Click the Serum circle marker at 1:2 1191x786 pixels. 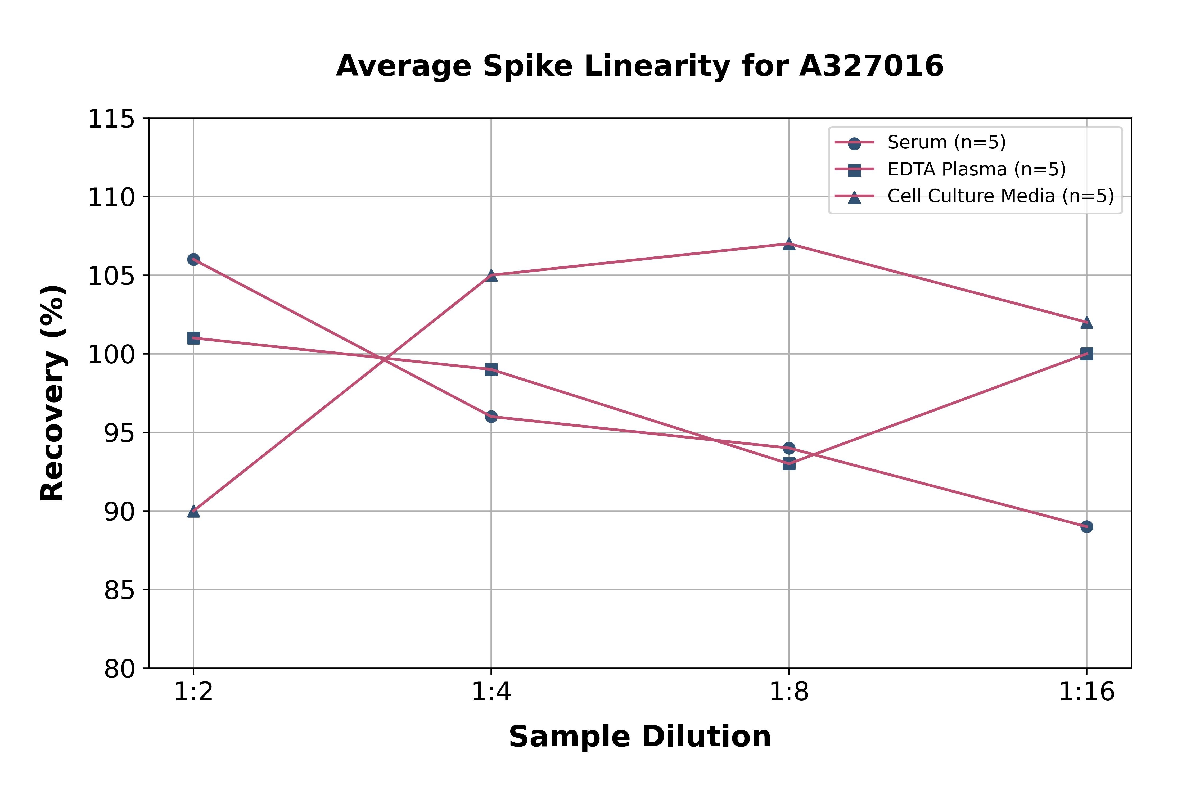pos(193,259)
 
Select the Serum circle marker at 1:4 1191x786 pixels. pos(491,417)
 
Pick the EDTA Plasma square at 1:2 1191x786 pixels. pos(193,338)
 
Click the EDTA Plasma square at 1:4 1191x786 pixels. pos(491,369)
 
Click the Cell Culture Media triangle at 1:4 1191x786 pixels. pos(491,275)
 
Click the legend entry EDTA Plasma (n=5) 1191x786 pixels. pos(976,169)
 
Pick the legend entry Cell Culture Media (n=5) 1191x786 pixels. pos(1000,196)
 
